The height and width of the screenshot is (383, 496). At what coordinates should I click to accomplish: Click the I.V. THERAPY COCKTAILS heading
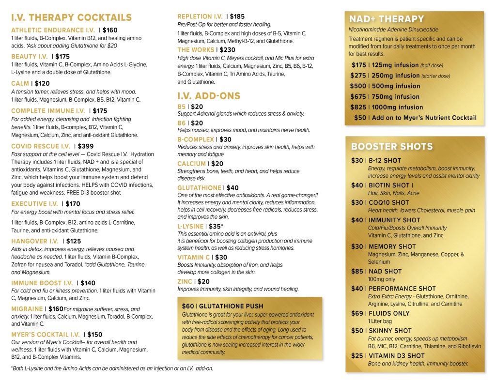[x=71, y=18]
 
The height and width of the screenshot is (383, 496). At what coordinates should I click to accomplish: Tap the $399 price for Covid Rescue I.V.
[x=86, y=146]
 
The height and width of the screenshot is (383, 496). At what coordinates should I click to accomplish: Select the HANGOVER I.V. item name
[x=35, y=241]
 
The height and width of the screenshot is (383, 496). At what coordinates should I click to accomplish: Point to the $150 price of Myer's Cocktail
[x=95, y=335]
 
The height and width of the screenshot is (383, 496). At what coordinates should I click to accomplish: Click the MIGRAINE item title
[x=27, y=309]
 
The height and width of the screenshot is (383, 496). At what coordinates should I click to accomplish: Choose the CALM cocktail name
[x=20, y=83]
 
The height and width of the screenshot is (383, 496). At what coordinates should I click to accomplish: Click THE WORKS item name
[x=196, y=50]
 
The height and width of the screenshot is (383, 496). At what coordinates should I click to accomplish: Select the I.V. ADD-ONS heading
[x=209, y=96]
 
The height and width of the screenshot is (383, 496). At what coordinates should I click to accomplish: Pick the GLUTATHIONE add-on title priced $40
[x=199, y=188]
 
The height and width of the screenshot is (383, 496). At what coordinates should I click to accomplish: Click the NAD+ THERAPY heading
[x=387, y=19]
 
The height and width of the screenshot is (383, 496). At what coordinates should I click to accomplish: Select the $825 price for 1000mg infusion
[x=359, y=107]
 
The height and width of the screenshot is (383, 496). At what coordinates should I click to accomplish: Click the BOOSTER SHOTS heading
[x=392, y=147]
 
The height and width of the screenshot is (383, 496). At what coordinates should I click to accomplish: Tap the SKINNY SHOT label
[x=390, y=331]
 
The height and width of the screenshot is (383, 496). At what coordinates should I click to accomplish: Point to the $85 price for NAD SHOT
[x=357, y=272]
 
